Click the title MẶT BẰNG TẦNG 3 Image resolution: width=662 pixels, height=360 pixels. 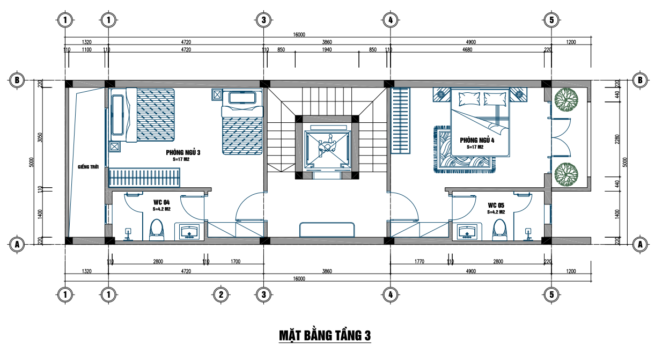tap(325, 335)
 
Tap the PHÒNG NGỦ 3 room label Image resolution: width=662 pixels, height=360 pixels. tap(183, 152)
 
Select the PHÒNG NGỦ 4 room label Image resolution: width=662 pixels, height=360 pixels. tap(477, 140)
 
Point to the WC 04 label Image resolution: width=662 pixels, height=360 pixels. tap(161, 202)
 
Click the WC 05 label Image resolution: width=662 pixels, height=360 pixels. tap(496, 205)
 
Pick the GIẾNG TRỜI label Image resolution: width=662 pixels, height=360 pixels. tap(88, 167)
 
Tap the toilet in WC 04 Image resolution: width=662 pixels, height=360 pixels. tap(156, 230)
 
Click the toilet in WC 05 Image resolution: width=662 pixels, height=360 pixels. tap(499, 230)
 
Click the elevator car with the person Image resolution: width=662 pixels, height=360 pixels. tap(327, 147)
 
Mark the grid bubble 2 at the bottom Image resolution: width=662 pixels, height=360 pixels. tap(221, 295)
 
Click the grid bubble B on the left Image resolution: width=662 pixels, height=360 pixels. tap(17, 80)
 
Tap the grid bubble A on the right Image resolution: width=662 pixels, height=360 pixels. tap(640, 245)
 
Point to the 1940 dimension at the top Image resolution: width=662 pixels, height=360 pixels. tap(327, 50)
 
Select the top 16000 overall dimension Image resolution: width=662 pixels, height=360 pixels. tap(299, 34)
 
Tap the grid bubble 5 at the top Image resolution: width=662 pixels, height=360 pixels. tap(551, 20)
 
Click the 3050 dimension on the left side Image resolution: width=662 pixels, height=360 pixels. tap(40, 137)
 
